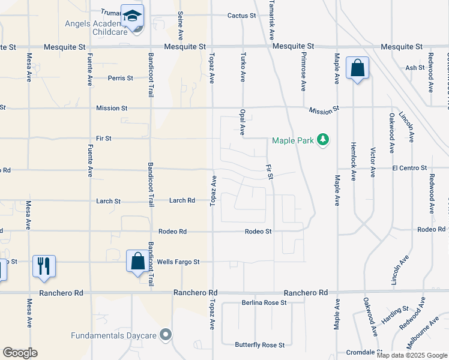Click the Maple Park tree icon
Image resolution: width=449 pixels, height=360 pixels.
(323, 140)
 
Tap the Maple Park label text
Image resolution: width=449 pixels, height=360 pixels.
(293, 141)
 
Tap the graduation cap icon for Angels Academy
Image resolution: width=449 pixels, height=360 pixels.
(132, 16)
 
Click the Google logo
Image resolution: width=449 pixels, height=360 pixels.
(20, 353)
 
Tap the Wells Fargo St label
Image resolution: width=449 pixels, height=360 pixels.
(178, 262)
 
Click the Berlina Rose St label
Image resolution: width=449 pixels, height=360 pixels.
(264, 303)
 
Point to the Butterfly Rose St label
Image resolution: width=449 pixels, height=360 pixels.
(260, 345)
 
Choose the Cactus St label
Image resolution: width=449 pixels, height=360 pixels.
(242, 15)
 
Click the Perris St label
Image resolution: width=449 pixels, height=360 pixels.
(120, 78)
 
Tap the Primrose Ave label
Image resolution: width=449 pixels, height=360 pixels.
(303, 71)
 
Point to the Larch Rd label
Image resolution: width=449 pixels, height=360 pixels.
(182, 200)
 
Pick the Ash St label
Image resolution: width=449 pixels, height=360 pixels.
(415, 68)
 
